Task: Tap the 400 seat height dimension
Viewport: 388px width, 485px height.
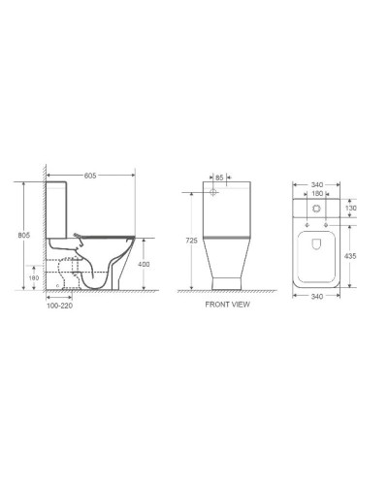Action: [145, 263]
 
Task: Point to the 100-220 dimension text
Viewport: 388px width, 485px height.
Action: [58, 305]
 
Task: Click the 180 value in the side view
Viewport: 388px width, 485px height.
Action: [33, 277]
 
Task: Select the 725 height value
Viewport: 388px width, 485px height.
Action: [192, 239]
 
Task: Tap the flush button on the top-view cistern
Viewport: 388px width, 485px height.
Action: [317, 209]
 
